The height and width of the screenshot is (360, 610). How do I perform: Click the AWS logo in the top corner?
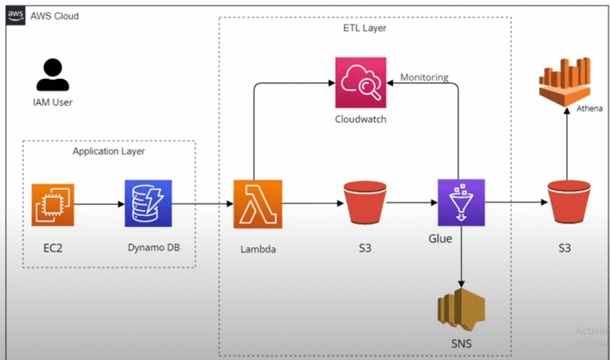coord(14,15)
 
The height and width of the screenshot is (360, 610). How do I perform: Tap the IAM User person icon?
coord(53,76)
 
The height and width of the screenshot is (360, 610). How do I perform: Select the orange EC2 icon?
coord(53,204)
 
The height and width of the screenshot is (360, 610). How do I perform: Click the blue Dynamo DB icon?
coord(147,204)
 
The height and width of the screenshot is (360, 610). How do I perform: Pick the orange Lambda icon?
coord(257,204)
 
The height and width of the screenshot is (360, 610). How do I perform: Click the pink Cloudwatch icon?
coord(361,81)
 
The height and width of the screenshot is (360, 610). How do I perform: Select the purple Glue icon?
coord(460,202)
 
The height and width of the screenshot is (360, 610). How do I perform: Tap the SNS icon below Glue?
coord(460,311)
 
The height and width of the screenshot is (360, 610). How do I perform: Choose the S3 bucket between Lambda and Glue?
coord(362,204)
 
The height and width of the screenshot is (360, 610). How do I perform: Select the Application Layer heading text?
coord(108,151)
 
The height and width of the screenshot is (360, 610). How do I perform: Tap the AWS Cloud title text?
coord(56,15)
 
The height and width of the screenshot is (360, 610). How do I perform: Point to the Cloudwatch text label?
coord(361,119)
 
